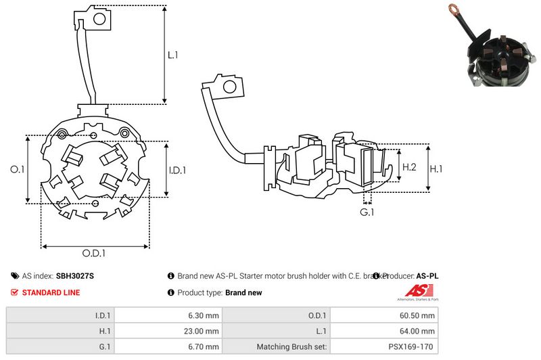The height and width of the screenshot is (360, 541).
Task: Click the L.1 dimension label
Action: (x=172, y=55)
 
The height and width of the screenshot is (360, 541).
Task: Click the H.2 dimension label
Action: (x=409, y=166)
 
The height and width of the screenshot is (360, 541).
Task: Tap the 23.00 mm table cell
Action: (x=203, y=331)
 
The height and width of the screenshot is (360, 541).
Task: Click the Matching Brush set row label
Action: (x=292, y=347)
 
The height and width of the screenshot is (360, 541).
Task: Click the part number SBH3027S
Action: (x=74, y=276)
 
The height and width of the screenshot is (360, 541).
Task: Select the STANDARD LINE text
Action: (x=51, y=292)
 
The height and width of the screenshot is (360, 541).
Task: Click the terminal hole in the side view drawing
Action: (x=229, y=87)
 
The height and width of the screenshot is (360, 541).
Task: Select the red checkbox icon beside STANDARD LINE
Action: (x=15, y=292)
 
